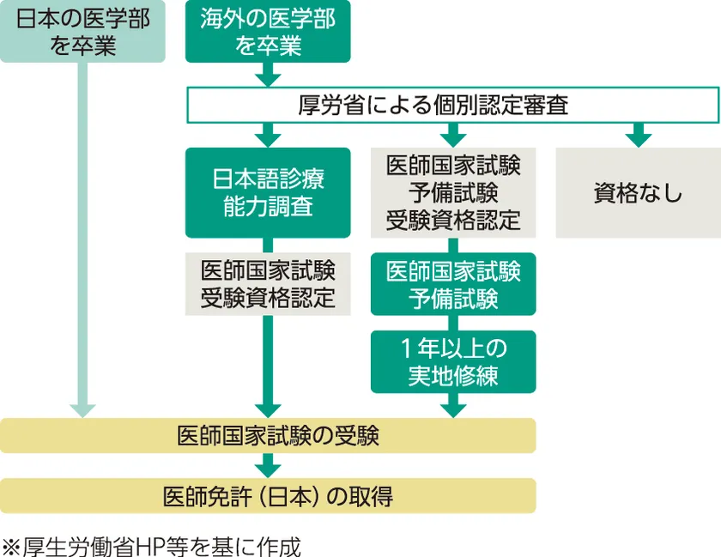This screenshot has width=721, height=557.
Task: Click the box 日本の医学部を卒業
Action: pyautogui.click(x=82, y=32)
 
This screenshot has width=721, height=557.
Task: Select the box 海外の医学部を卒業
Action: pyautogui.click(x=268, y=32)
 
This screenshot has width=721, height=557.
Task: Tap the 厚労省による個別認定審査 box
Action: pyautogui.click(x=453, y=106)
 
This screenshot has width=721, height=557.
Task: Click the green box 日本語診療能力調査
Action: pyautogui.click(x=268, y=192)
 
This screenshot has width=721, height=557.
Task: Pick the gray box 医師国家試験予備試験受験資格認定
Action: pyautogui.click(x=453, y=192)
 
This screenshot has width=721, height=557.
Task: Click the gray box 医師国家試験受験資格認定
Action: pyautogui.click(x=268, y=283)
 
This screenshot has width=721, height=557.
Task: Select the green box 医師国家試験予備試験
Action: pyautogui.click(x=453, y=283)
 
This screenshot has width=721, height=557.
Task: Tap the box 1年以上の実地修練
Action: pyautogui.click(x=453, y=361)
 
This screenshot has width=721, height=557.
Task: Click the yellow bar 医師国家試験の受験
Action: pyautogui.click(x=268, y=435)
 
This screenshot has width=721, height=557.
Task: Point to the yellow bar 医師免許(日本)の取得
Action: pyautogui.click(x=268, y=495)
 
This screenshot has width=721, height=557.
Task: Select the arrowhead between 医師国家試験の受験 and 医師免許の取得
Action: pyautogui.click(x=268, y=468)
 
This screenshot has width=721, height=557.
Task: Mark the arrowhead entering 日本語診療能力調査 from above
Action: pyautogui.click(x=268, y=137)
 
